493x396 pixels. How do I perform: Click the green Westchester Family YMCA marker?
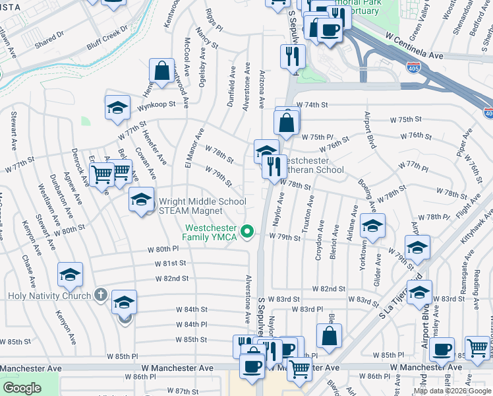[x=248, y=230]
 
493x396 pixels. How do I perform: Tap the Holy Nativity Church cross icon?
[x=100, y=294]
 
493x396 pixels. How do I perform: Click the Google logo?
[x=22, y=388]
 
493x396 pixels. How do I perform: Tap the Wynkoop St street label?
[x=156, y=104]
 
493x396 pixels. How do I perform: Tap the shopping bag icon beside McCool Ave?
[x=161, y=70]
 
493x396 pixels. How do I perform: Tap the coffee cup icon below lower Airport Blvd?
[x=442, y=349]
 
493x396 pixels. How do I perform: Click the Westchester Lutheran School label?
[x=312, y=165]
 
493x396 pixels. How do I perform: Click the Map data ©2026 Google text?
[x=451, y=391]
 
